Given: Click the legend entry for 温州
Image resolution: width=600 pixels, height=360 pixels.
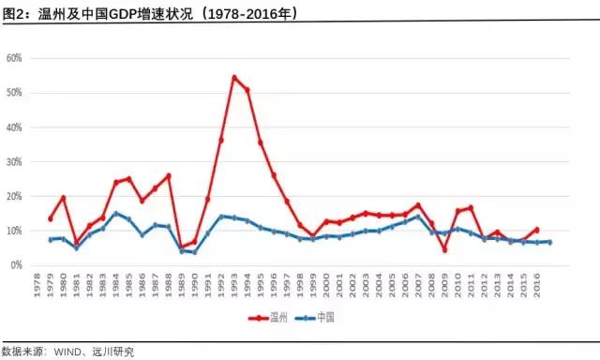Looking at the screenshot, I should coord(273,318).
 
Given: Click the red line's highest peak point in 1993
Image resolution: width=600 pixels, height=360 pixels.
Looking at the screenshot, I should coord(234,77).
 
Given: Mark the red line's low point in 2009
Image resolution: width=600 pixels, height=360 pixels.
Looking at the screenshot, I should coord(444,249).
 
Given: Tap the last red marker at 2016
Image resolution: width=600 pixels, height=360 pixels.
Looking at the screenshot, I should coord(536,229).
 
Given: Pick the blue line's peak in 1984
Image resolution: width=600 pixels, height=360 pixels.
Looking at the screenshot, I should coord(115,213).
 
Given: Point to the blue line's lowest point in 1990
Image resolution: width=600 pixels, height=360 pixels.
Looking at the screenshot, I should coord(194,252).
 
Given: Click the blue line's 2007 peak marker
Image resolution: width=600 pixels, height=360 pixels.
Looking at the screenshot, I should coord(418,216).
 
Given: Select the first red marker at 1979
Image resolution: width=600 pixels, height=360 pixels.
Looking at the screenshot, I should coord(50,218).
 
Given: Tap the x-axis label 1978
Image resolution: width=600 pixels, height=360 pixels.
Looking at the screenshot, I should coord(37,283).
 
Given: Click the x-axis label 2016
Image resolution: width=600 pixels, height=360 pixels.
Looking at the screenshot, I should coord(536,283).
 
